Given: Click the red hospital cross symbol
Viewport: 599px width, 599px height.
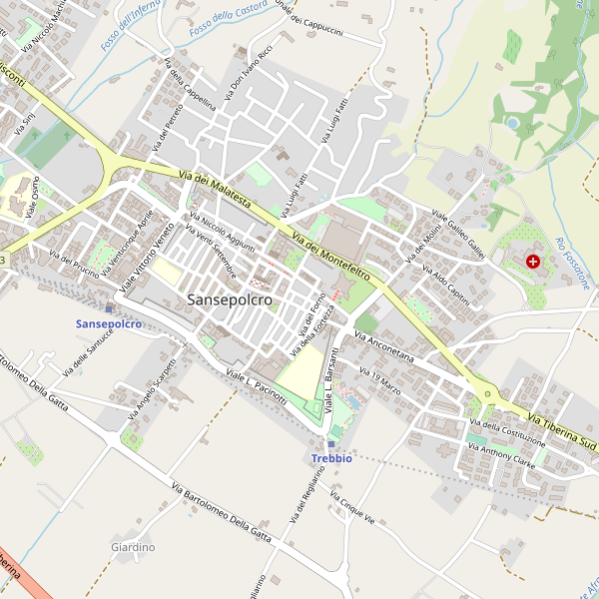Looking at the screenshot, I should coord(532,261).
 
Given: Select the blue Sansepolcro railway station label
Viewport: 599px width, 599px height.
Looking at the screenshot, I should coord(108,324).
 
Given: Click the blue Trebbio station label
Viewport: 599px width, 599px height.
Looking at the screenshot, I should coord(331,458).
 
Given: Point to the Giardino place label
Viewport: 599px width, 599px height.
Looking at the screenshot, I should coord(133,547).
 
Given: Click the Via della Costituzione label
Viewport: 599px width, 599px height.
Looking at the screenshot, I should coord(508,434).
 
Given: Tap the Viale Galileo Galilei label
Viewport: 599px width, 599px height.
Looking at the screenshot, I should coord(458,236).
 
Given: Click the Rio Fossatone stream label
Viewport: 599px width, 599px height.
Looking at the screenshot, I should coord(572,265).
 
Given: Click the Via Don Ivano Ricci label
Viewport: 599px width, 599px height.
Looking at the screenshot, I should coord(249,71).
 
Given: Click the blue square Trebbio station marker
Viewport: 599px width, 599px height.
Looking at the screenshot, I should coord(331,444).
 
